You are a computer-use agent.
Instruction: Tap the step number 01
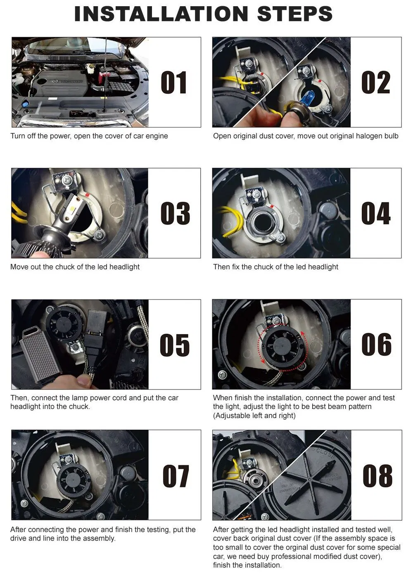[x=174, y=82]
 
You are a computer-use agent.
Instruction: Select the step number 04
[x=375, y=213]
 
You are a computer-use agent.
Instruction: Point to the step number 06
[x=376, y=344]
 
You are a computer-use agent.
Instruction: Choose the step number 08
[x=377, y=475]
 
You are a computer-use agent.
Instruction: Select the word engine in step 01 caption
[x=157, y=136]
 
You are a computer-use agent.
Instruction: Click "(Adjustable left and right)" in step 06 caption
[x=254, y=416]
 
